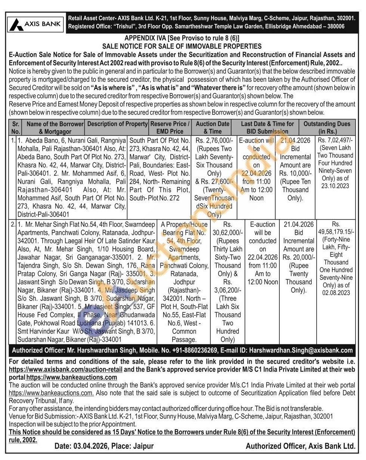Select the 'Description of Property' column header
coord(117,124)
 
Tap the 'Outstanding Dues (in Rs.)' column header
coord(327,127)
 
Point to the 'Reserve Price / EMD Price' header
coord(170,127)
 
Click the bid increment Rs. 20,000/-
coord(299,257)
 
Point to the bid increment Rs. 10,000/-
coord(295,173)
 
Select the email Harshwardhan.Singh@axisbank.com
coord(301,350)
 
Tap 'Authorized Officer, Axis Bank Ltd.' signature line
coord(300,446)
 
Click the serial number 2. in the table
coord(13,224)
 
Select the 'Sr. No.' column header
coord(16,127)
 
